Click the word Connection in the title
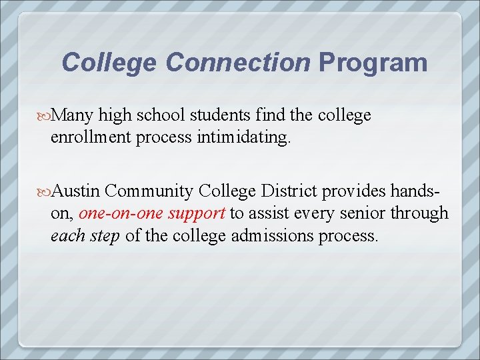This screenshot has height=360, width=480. tap(238, 63)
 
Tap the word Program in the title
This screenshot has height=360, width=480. tap(373, 63)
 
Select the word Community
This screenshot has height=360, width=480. tap(149, 192)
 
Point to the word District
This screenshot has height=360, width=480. tap(290, 192)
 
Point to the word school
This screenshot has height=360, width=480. tap(161, 116)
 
